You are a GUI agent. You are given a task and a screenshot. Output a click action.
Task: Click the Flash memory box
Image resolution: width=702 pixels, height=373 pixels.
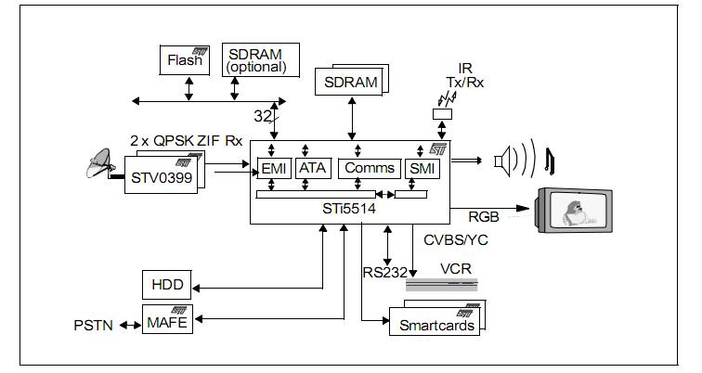pos(185,61)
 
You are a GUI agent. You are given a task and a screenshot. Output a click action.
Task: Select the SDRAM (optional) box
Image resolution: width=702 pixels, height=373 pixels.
pos(258,60)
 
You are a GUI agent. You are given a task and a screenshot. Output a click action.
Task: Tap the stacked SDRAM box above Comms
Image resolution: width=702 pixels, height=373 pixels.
pos(352,83)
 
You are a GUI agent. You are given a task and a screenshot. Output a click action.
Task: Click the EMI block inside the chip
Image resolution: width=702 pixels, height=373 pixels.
pos(274,168)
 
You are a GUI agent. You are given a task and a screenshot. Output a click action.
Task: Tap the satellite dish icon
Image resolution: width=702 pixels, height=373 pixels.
pos(99,166)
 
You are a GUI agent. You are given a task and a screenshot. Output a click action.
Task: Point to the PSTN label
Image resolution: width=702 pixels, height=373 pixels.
pos(94,326)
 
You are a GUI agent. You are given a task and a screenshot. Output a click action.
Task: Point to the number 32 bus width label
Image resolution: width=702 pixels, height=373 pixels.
pos(262,116)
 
